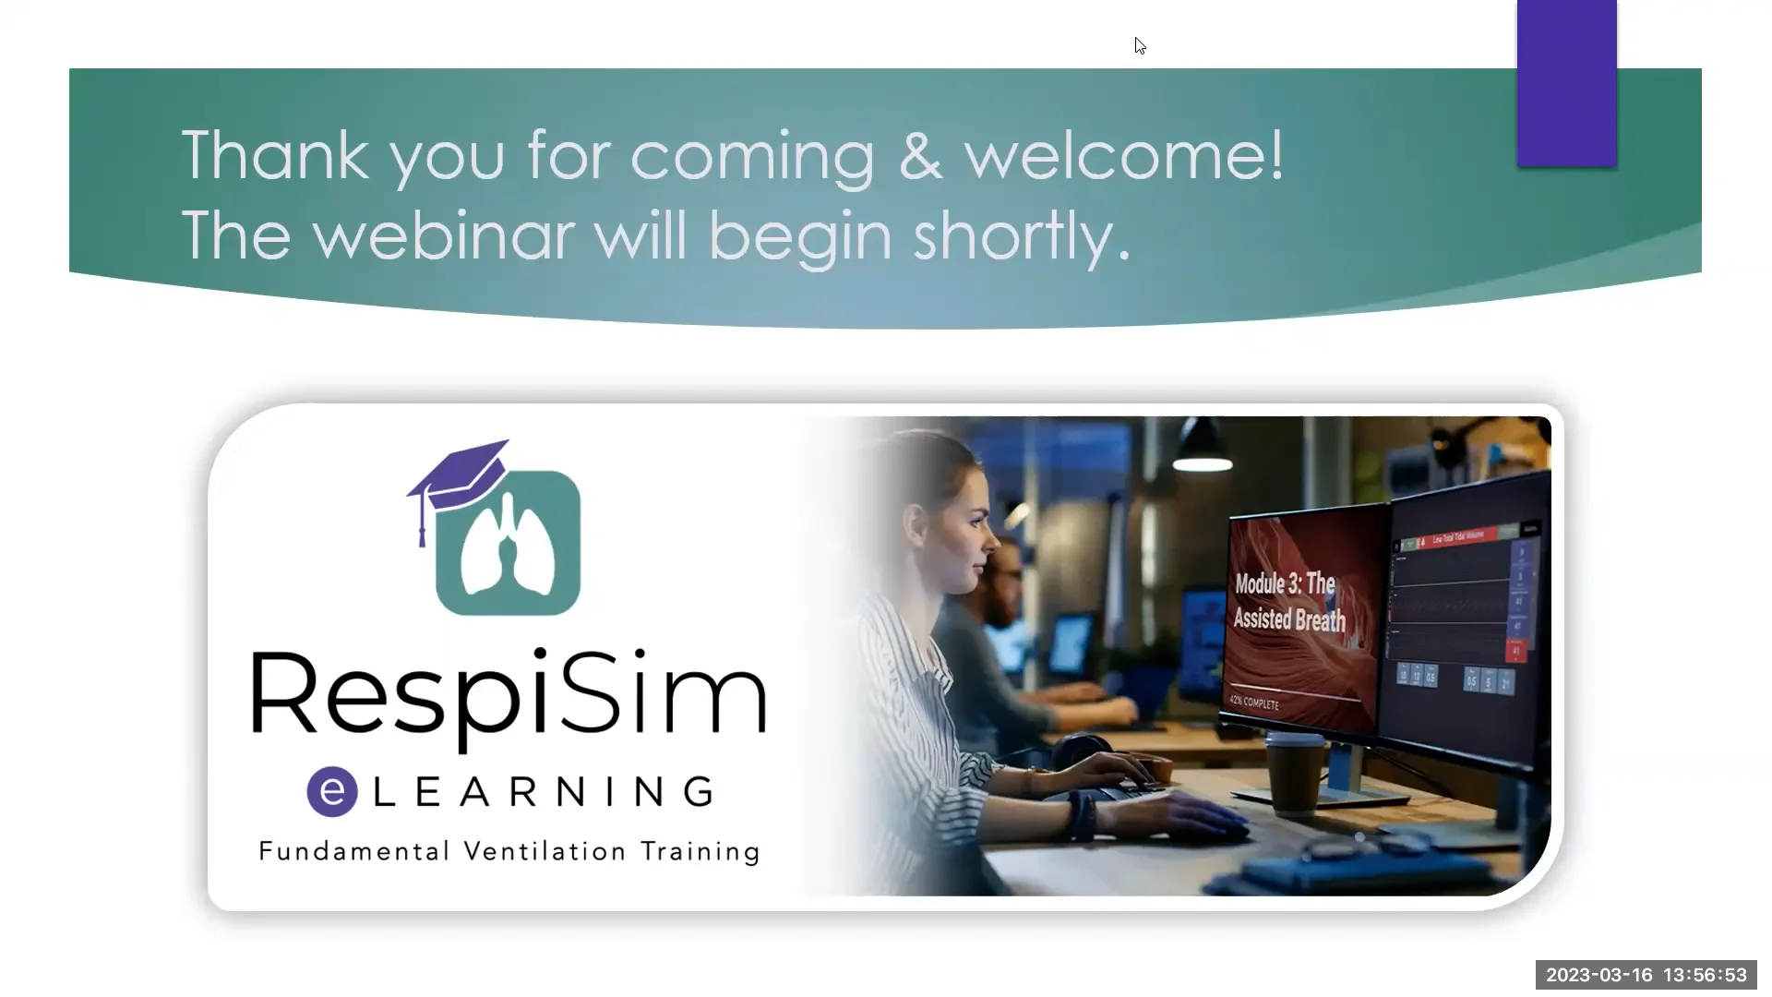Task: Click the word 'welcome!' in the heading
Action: tap(1123, 155)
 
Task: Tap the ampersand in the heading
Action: tap(920, 155)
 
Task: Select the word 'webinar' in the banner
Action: tap(443, 236)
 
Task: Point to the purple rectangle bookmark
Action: tap(1566, 83)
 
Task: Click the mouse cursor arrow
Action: tap(1140, 45)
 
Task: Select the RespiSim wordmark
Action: tap(508, 696)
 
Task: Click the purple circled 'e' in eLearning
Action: tap(332, 791)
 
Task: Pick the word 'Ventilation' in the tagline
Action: tap(545, 851)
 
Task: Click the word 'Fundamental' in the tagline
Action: tap(354, 851)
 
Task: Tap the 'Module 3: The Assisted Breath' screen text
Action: tap(1289, 601)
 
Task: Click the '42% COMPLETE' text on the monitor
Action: tap(1254, 703)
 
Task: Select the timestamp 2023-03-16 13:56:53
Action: tap(1646, 975)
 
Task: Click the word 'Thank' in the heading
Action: tap(275, 155)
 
